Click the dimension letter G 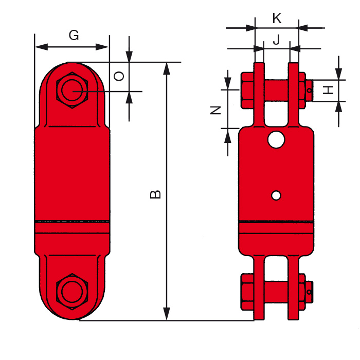pos(74,35)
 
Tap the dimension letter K pos(277,19)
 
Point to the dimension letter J pos(276,40)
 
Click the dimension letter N pos(216,109)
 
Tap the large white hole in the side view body pos(276,139)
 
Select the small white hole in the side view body pos(276,195)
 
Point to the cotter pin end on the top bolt pos(310,91)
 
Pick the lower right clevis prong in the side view pos(294,288)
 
